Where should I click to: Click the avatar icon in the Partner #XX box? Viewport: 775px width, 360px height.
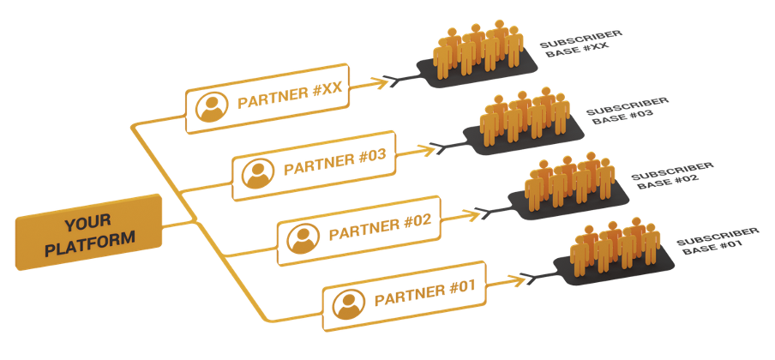click(x=210, y=106)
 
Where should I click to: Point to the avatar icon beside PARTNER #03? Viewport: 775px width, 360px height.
click(x=255, y=173)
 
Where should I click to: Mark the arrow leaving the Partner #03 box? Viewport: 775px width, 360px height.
click(x=418, y=150)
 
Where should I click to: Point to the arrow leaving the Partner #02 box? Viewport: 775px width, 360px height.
click(x=465, y=214)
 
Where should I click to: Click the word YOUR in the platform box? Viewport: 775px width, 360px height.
click(x=88, y=223)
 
